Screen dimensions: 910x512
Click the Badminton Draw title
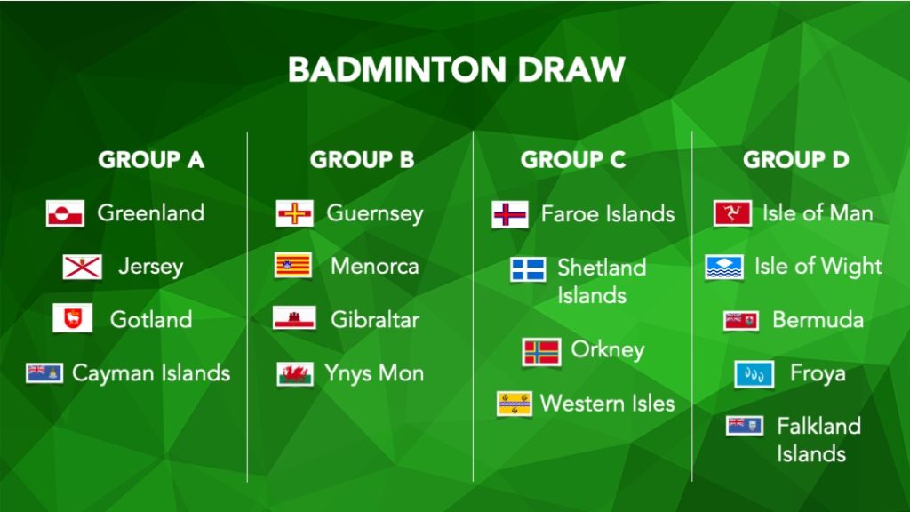coord(456,69)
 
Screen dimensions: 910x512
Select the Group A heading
coord(151,160)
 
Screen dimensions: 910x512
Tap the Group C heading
coord(573,160)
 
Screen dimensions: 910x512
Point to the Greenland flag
coord(65,213)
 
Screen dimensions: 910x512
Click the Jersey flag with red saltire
coord(83,267)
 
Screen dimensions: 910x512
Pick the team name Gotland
coord(151,319)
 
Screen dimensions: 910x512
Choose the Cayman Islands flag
coord(44,372)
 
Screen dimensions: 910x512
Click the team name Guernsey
coord(375,213)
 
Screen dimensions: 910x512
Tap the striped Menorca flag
coord(293,265)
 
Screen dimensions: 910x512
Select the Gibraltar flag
coord(294,318)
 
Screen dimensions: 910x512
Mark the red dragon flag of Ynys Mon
coord(295,374)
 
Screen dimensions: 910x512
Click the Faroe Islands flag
coord(510,214)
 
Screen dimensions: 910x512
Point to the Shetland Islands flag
coord(528,269)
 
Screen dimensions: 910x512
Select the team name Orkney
coord(608,350)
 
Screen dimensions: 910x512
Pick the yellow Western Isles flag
coord(515,404)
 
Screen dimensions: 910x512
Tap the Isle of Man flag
coord(732,213)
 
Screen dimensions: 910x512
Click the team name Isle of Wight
coord(818,267)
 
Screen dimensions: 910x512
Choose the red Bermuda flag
coord(741,321)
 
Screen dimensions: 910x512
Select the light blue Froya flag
coord(754,374)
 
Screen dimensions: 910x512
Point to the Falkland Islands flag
coord(745,426)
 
